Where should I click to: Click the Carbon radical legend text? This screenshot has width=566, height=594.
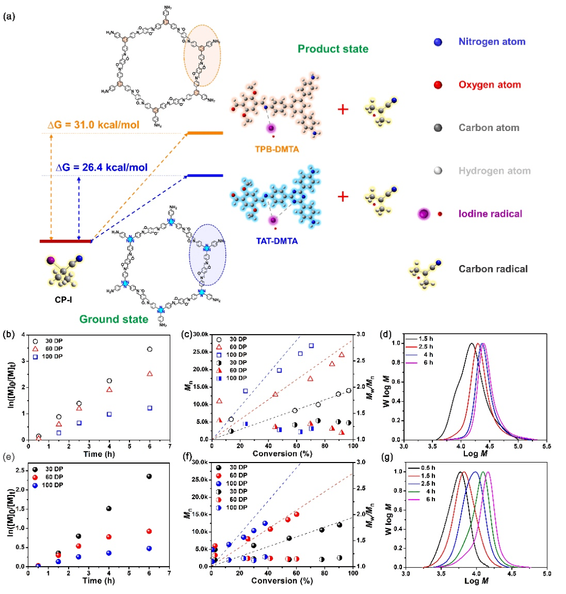(492, 269)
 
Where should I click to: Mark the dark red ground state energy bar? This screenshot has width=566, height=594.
(66, 241)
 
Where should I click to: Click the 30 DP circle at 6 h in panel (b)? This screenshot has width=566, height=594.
(150, 349)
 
